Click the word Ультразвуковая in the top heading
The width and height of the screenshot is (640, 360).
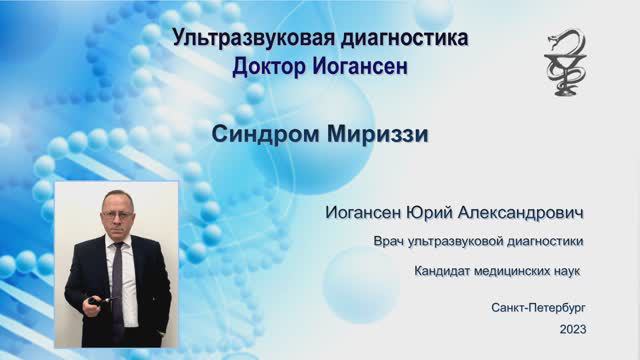tap(253, 38)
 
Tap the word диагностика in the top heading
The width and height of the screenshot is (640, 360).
tap(404, 39)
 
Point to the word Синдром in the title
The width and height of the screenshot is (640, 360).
tap(266, 134)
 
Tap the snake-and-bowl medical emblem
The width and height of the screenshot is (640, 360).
tap(565, 63)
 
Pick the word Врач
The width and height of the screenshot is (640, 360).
tap(389, 241)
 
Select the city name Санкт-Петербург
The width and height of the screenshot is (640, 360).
tap(538, 308)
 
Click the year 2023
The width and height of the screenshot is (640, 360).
tap(573, 329)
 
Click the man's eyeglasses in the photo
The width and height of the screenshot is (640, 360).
tap(117, 214)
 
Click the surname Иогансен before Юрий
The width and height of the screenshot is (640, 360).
tap(363, 213)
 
